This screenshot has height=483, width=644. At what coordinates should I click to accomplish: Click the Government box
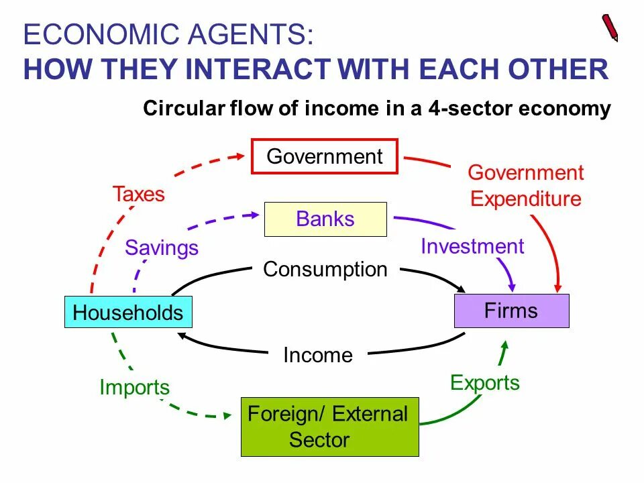click(325, 156)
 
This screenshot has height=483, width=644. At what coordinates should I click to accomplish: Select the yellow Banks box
click(325, 219)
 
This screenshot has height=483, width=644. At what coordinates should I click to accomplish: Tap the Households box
click(128, 312)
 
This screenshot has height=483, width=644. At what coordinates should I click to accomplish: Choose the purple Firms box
click(511, 311)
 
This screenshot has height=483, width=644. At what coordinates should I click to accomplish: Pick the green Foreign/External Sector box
click(329, 427)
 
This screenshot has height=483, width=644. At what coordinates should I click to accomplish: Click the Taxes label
click(138, 195)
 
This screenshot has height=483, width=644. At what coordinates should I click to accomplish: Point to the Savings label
click(162, 248)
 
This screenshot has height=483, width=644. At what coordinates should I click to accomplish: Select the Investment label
click(472, 246)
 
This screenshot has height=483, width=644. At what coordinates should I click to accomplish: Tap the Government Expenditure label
click(525, 186)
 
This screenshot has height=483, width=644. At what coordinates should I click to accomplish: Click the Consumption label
click(325, 269)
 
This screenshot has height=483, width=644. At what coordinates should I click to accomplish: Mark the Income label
click(318, 355)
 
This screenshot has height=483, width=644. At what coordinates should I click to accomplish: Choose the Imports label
click(134, 387)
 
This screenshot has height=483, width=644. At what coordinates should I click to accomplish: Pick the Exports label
click(485, 382)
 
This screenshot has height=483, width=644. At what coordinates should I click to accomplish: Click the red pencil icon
click(610, 28)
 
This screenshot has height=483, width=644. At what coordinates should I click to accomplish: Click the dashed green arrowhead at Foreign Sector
click(231, 416)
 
